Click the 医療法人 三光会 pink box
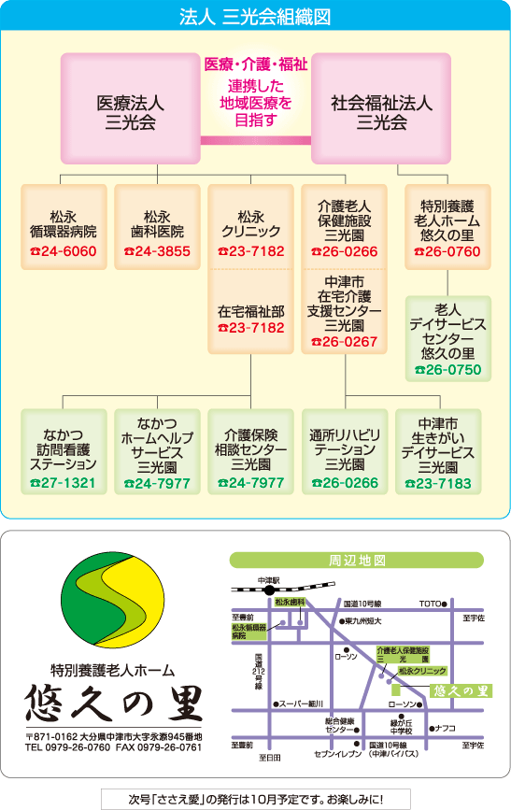[130, 108]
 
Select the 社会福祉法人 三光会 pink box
[381, 108]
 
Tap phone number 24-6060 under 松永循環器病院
[64, 251]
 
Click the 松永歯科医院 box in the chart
[157, 227]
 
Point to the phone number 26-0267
[344, 342]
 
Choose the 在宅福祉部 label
[250, 311]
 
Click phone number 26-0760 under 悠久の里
[447, 251]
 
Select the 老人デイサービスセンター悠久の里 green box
[448, 338]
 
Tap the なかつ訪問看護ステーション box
[64, 451]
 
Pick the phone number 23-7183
[438, 484]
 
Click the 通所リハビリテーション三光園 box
[345, 451]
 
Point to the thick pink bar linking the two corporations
[256, 140]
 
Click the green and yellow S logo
[113, 600]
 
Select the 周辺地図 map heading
[357, 561]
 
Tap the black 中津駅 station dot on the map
[269, 590]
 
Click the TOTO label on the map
[430, 604]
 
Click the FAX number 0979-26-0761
[169, 747]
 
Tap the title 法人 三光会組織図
[255, 17]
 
